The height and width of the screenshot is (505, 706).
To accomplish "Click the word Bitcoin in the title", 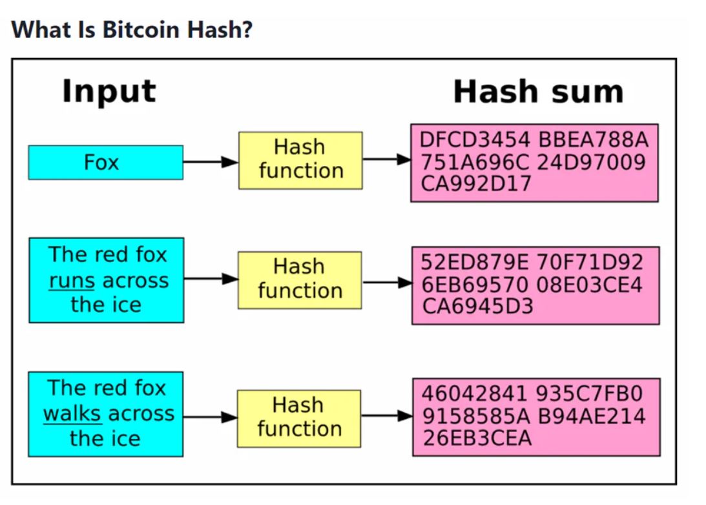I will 133,30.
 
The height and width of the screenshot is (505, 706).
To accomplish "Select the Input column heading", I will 109,91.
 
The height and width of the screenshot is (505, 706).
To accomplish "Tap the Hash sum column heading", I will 538,92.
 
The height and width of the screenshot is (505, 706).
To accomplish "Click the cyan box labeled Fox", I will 105,162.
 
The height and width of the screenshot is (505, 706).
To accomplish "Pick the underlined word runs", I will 72,281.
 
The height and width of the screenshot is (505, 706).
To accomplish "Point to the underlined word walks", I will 72,413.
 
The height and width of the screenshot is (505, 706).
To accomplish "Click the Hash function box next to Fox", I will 300,160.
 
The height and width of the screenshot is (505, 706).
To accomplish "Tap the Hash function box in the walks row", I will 298,418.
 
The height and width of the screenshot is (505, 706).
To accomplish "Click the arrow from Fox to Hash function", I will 211,161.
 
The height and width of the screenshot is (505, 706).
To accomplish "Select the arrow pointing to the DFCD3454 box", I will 386,160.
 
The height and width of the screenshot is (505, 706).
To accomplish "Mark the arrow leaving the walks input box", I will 210,417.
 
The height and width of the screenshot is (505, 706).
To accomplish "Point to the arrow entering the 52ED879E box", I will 387,282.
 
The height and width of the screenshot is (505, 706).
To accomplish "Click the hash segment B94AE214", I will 592,417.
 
